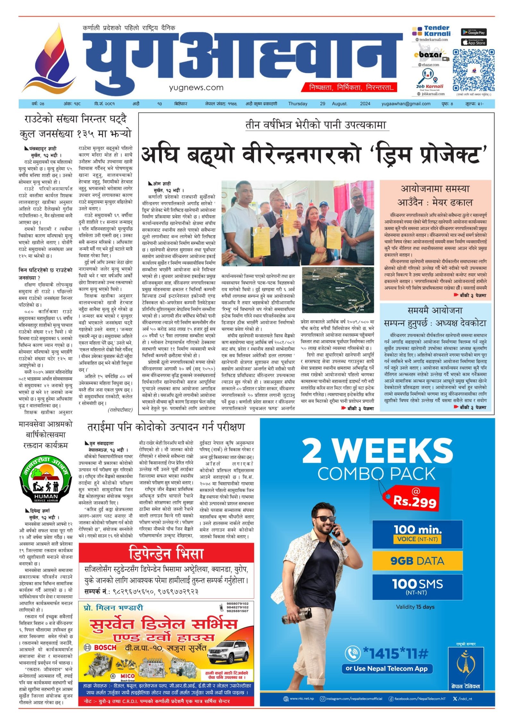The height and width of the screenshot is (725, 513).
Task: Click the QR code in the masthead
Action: tap(473, 70)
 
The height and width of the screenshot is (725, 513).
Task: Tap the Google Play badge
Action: tap(474, 32)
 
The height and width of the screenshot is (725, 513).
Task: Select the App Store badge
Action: tap(474, 42)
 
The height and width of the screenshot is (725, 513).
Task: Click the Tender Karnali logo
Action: tap(431, 31)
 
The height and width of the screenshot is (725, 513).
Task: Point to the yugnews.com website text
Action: tap(196, 87)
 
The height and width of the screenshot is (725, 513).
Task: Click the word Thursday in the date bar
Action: tap(298, 104)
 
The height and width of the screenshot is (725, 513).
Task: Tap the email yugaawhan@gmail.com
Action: tap(406, 104)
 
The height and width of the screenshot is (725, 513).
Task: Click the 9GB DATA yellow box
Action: tap(417, 561)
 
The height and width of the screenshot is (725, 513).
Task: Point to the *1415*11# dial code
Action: tap(395, 653)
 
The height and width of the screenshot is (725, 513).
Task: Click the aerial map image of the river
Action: tap(338, 290)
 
